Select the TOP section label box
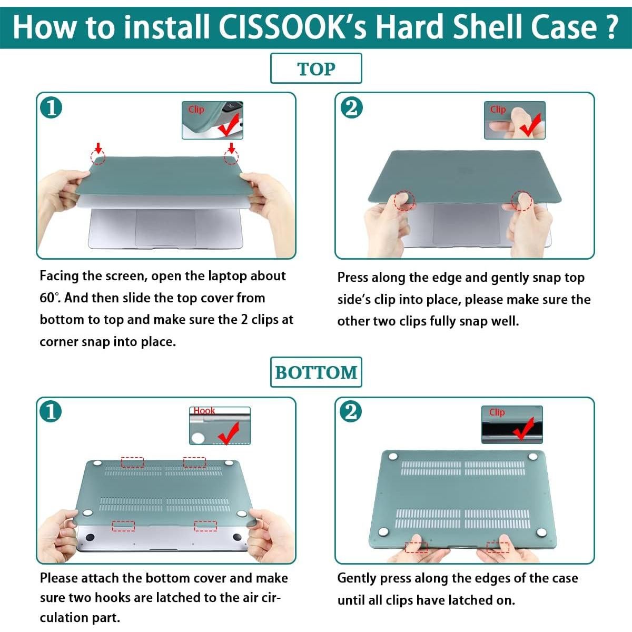[316, 68]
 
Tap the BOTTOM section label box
[316, 372]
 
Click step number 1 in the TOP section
[51, 108]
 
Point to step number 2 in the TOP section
[351, 107]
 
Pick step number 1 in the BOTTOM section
[51, 411]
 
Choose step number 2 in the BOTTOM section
[351, 411]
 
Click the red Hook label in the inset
[204, 411]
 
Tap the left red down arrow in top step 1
[98, 147]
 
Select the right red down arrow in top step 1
[231, 147]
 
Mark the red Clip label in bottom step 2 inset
[497, 412]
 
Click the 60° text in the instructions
[48, 298]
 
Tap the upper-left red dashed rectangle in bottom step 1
[132, 462]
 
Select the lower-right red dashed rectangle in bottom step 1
[205, 526]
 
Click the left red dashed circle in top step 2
[404, 201]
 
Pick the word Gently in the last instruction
[357, 578]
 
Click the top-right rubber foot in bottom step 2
[533, 457]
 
